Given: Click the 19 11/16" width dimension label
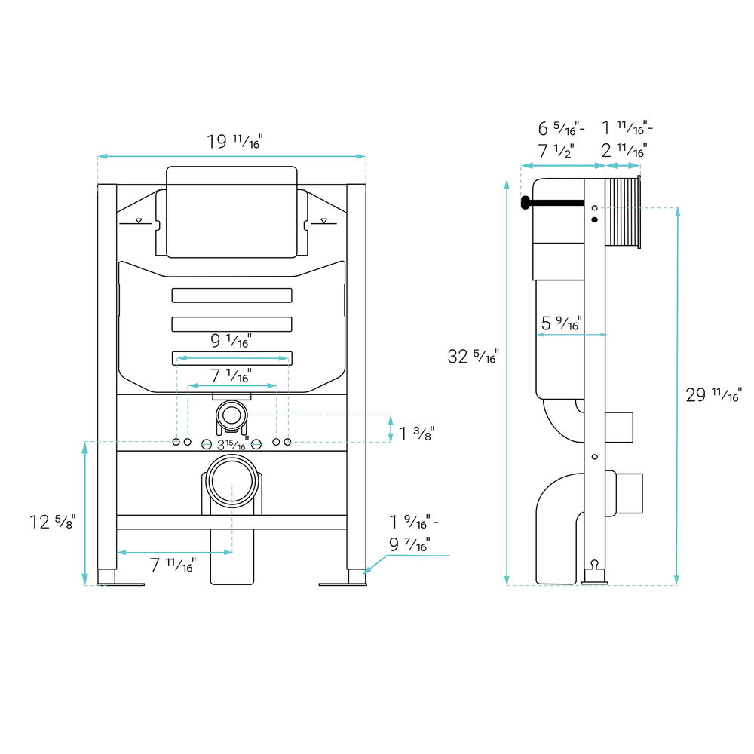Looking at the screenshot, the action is (234, 142).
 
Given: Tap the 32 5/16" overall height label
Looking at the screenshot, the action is (474, 357).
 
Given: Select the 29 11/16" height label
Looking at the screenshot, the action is (713, 395).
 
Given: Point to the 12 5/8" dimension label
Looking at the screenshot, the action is (53, 522).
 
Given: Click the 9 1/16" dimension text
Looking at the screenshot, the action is (231, 341).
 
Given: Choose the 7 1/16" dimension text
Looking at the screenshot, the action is (231, 375).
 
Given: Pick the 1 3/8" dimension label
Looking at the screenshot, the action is (416, 434).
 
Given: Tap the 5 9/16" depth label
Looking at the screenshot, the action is (562, 323).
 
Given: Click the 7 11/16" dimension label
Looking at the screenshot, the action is (173, 565).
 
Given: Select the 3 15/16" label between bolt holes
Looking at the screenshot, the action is (233, 444).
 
